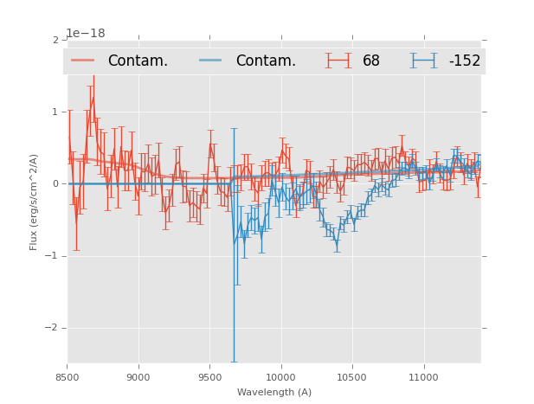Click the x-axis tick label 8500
pos(68,377)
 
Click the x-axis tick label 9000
pos(138,377)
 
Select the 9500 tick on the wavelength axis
pos(209,377)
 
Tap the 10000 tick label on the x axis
pos(280,377)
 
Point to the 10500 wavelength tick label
pos(352,377)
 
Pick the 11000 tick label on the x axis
pos(423,377)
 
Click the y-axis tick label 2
pos(55,40)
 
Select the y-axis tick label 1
pos(55,112)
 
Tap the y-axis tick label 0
pos(55,183)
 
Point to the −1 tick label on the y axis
pos(53,256)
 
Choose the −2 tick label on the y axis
pos(53,328)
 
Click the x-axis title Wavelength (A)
pos(274,392)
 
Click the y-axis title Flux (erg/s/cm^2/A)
pos(34,202)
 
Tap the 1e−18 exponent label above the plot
pos(86,34)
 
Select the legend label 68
pos(371,61)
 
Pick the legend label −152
pos(464,61)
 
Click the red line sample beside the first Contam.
pos(83,61)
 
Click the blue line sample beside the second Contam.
pos(211,61)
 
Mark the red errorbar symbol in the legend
pos(339,61)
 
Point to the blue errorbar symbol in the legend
pos(424,61)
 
